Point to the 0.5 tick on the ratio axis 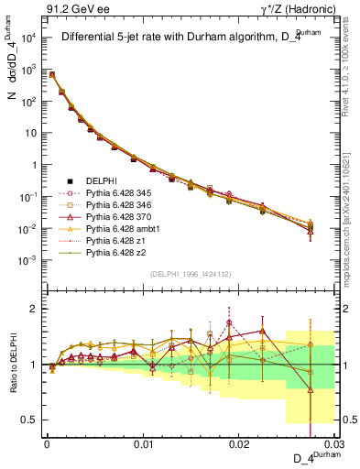coord(35,420)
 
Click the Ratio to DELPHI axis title coord(13,364)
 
